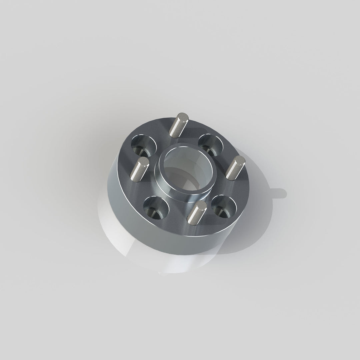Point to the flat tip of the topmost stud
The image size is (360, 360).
coord(183,118)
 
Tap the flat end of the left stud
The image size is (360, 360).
coord(144,162)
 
